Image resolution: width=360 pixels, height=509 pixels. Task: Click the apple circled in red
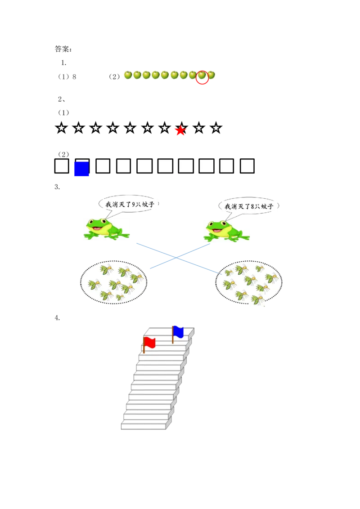202,76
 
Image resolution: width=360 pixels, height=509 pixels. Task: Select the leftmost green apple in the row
128,75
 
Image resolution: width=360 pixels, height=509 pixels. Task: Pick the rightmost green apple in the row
211,75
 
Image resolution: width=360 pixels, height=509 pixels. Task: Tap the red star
180,131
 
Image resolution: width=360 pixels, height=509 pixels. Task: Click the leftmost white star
61,128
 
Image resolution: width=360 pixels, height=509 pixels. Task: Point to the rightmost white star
216,128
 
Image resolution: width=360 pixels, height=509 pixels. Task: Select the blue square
81,170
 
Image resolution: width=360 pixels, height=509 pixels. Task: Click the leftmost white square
62,166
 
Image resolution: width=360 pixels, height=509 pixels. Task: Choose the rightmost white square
247,166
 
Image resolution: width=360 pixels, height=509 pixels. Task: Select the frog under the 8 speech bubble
225,231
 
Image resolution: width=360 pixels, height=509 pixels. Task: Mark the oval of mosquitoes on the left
113,282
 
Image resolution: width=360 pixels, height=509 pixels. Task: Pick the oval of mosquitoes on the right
248,282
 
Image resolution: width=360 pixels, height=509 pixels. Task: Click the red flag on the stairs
150,343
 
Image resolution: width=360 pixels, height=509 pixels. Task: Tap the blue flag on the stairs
179,331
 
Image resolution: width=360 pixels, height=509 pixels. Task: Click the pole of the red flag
144,345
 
